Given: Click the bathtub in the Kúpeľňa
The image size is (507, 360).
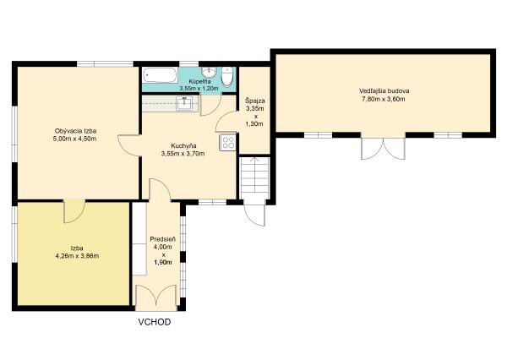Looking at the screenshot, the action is click(x=161, y=75).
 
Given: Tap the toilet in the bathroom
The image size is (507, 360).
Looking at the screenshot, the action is click(x=227, y=77).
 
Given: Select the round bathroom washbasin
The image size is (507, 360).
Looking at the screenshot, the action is click(x=209, y=71).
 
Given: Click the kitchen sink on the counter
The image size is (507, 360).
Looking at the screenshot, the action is click(x=184, y=103).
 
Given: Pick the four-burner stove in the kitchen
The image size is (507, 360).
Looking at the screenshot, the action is click(x=227, y=143).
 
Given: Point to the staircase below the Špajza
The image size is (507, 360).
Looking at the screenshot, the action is click(x=255, y=177).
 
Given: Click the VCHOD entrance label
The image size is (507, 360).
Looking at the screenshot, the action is click(x=155, y=322).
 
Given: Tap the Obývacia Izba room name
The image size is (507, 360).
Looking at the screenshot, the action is click(x=76, y=131).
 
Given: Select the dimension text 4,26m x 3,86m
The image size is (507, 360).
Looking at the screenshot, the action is click(x=77, y=256).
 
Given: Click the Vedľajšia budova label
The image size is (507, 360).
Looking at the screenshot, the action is click(x=384, y=91).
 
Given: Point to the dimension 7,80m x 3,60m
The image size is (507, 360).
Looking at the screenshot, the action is click(x=383, y=99).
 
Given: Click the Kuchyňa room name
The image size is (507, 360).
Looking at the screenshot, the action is click(x=183, y=145).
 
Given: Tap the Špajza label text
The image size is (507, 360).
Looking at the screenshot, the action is click(x=255, y=101).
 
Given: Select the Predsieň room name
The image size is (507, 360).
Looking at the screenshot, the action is click(x=163, y=239).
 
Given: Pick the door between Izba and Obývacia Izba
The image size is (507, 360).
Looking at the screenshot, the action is click(x=74, y=211).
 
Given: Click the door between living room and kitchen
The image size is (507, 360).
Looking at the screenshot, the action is click(x=129, y=145).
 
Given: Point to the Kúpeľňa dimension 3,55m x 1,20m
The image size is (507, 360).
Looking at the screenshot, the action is click(x=199, y=88).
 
